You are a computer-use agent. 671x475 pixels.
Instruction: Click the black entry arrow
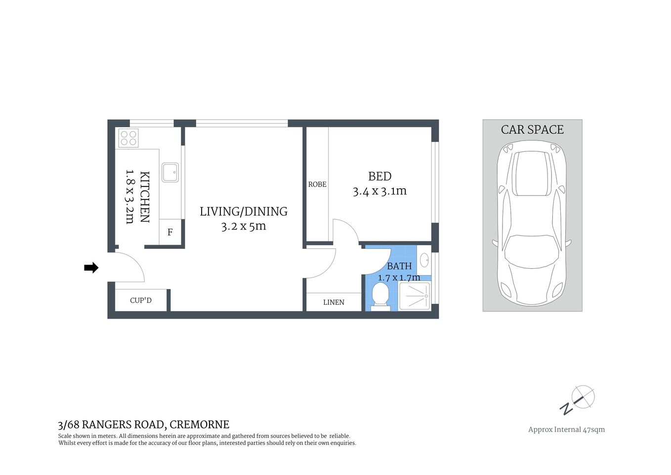click(91, 268)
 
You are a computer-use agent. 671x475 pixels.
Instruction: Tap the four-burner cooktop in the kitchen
click(128, 138)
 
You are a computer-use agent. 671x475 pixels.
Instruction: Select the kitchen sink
click(170, 172)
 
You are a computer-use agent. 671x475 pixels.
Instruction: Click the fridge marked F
click(170, 232)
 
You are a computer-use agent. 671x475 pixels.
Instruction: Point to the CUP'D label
click(141, 300)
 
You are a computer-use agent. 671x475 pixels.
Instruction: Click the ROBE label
click(317, 185)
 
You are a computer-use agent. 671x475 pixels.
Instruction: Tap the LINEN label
click(334, 302)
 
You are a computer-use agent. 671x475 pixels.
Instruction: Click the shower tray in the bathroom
click(414, 296)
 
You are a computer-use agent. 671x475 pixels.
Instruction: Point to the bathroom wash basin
click(424, 260)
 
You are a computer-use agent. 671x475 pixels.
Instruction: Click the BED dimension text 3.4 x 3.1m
click(379, 191)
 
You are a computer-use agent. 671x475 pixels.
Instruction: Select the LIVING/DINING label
click(244, 211)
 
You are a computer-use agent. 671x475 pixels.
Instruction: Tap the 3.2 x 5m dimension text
click(244, 226)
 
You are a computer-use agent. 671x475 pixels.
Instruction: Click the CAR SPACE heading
click(532, 130)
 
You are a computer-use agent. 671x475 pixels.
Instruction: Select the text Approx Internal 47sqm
click(566, 429)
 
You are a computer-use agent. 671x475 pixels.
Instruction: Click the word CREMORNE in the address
click(199, 425)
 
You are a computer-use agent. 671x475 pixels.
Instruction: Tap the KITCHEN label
click(144, 197)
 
